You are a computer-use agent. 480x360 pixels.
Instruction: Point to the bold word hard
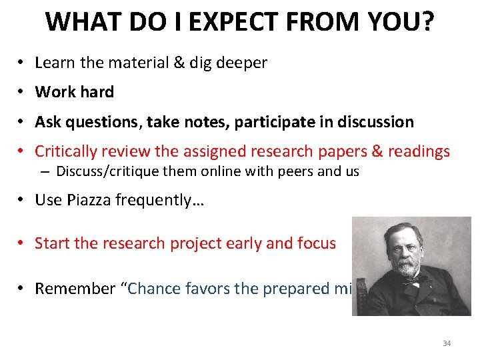point(97,92)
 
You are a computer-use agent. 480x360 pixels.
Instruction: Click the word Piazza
point(90,201)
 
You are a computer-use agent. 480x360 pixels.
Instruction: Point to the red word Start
point(53,243)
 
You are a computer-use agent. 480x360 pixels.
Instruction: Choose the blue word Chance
point(151,289)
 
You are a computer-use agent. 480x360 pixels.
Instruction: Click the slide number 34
point(446,343)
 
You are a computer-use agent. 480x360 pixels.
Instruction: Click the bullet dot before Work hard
point(22,92)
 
